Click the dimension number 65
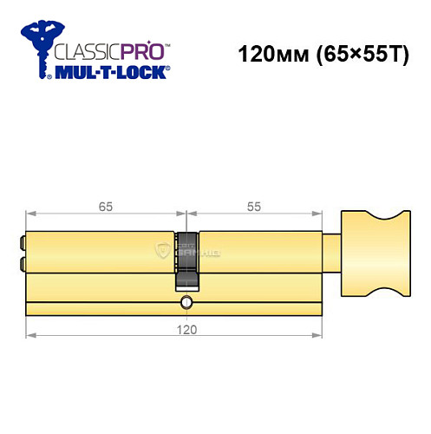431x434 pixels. point(106,207)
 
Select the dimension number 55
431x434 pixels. point(253,207)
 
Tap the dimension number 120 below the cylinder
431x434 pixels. point(186,330)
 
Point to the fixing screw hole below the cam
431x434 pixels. point(186,302)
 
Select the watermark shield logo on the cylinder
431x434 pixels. point(163,251)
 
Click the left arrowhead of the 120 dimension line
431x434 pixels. point(29,337)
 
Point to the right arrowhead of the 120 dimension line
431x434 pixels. point(321,337)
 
